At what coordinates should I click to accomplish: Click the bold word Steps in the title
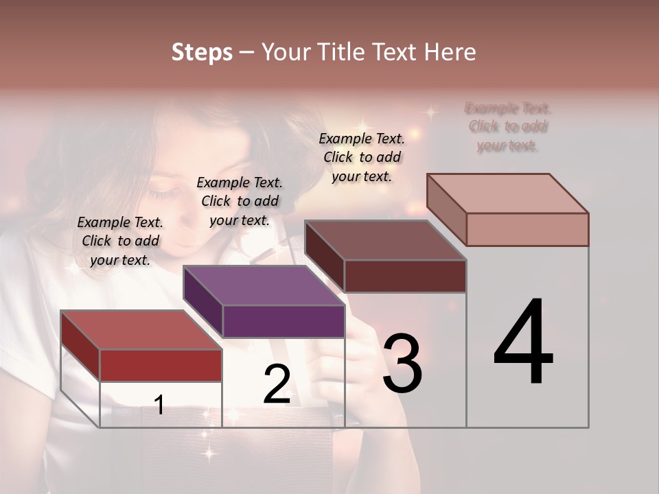[x=202, y=52]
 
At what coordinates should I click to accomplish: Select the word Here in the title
[x=450, y=52]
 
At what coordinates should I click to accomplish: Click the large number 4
[x=523, y=343]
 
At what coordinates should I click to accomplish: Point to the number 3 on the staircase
[x=402, y=364]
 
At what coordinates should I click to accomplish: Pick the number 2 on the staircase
[x=277, y=384]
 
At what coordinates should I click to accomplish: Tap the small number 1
[x=159, y=405]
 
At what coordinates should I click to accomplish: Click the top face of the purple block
[x=264, y=285]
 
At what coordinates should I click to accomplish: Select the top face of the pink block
[x=508, y=193]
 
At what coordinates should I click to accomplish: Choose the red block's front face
[x=161, y=365]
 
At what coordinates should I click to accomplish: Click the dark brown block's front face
[x=405, y=276]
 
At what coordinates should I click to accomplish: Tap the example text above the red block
[x=120, y=242]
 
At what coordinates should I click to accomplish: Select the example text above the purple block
[x=240, y=201]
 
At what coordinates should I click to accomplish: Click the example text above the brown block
[x=362, y=157]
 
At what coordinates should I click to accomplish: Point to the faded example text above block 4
[x=508, y=127]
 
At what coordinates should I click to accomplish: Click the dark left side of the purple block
[x=203, y=301]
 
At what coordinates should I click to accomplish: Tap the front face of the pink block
[x=527, y=229]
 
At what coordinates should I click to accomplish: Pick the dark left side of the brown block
[x=324, y=256]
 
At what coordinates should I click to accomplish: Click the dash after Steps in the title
[x=246, y=52]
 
